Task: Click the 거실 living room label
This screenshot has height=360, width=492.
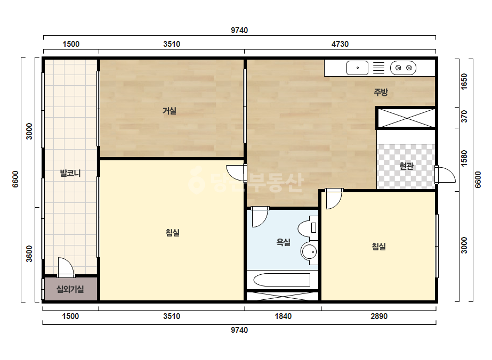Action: click(x=170, y=111)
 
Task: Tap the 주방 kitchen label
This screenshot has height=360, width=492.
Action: click(x=381, y=92)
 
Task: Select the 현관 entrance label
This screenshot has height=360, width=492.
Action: click(x=406, y=166)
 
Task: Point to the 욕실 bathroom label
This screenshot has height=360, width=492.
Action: click(x=284, y=242)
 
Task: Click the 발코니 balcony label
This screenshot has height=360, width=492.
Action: click(x=70, y=173)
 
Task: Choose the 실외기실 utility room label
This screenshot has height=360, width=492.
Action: click(x=70, y=289)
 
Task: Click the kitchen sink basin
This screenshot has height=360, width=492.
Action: click(x=357, y=68)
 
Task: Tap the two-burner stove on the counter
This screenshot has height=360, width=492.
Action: click(x=403, y=68)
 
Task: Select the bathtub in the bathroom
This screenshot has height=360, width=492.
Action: click(x=282, y=280)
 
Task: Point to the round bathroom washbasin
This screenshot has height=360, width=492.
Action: click(x=309, y=251)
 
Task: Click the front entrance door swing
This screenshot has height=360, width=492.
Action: click(x=445, y=175)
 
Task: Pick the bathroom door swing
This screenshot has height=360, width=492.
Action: click(x=260, y=216)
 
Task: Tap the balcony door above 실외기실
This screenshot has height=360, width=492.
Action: click(x=66, y=267)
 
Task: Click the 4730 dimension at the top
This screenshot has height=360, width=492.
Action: click(x=340, y=44)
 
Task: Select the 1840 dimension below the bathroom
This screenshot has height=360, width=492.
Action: click(x=283, y=316)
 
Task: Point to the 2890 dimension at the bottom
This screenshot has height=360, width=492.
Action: click(x=379, y=316)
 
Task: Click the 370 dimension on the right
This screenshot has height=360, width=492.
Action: click(x=464, y=117)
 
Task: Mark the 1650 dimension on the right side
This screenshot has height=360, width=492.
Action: click(x=464, y=81)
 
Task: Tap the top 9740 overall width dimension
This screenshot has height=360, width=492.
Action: click(x=239, y=30)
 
